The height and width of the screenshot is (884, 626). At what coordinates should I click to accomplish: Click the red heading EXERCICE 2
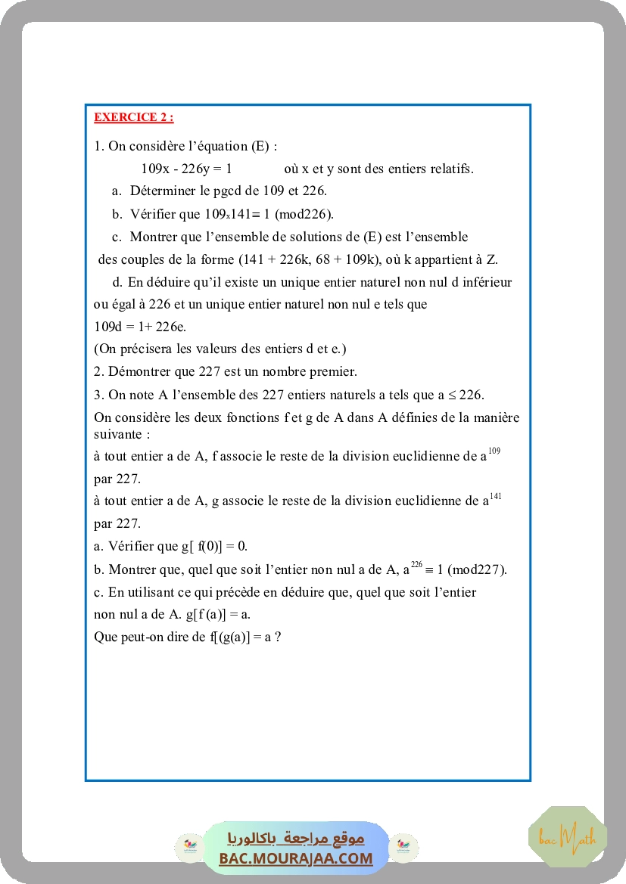[133, 117]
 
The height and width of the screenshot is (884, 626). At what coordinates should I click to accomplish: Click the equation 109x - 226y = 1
[186, 169]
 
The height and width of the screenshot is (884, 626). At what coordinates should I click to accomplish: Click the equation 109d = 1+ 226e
[140, 327]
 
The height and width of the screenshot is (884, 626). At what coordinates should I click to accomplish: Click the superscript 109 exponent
[494, 451]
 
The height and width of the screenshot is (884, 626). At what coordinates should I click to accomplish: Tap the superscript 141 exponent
[496, 496]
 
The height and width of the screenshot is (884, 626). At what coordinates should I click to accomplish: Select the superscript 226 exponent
[416, 564]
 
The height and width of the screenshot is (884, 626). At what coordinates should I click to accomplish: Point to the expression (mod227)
[478, 569]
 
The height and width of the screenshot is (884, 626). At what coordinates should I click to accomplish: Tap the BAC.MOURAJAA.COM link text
[296, 858]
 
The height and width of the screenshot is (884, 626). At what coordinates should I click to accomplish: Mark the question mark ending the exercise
[279, 637]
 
